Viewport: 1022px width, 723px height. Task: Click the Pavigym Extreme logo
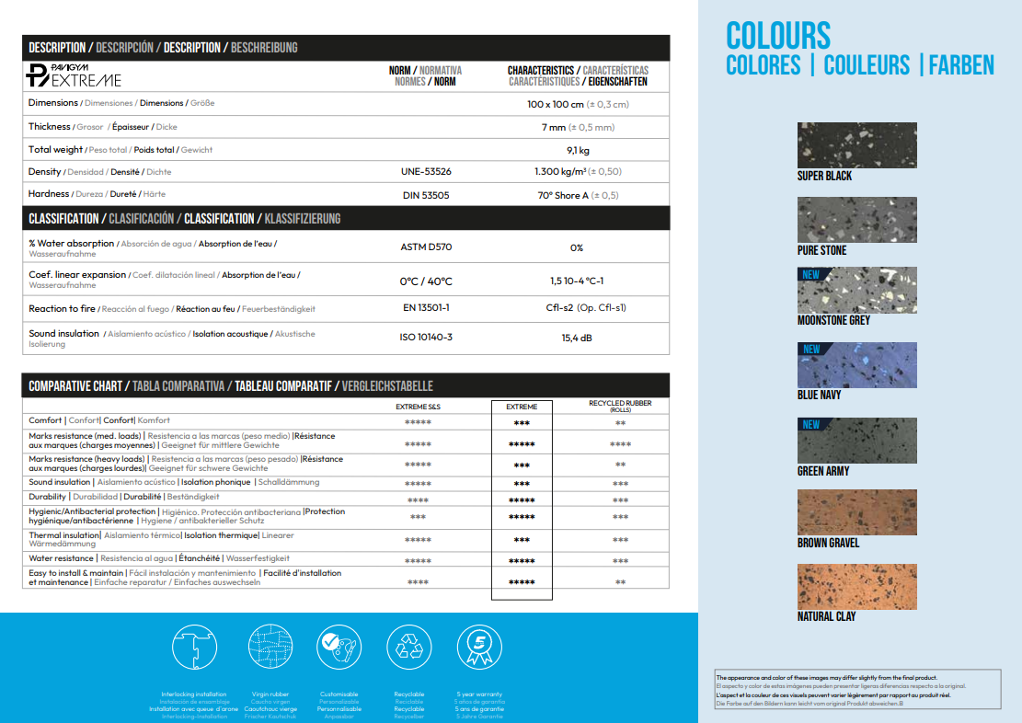(x=74, y=75)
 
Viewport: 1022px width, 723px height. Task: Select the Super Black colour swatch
(x=857, y=145)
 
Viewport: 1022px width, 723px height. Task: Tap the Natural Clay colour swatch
(x=857, y=586)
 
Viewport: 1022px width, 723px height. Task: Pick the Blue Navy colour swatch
(x=857, y=365)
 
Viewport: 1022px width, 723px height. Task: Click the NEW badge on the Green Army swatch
(x=810, y=424)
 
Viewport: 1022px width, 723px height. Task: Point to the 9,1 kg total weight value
(x=578, y=149)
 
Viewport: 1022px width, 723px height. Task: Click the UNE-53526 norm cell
(x=426, y=172)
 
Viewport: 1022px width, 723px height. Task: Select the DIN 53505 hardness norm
(x=426, y=195)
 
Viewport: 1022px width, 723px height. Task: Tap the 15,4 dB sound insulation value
(x=577, y=338)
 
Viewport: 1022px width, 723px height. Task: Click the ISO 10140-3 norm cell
(x=426, y=338)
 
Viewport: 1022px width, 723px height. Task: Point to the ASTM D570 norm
(x=426, y=247)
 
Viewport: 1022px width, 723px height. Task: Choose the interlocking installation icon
(x=193, y=648)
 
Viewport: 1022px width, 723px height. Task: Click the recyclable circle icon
(x=408, y=648)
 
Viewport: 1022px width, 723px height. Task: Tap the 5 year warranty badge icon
(x=479, y=648)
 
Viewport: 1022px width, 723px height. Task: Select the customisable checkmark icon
(x=338, y=648)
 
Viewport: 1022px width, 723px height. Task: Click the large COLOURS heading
(x=778, y=35)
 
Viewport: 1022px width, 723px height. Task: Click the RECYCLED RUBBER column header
(x=620, y=406)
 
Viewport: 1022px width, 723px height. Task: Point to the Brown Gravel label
(x=828, y=544)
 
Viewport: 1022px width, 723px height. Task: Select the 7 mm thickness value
(x=578, y=127)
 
